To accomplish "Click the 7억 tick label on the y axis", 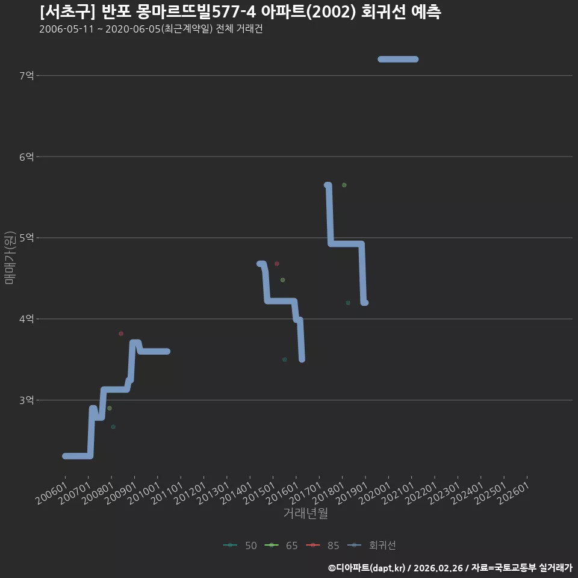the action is (26, 76).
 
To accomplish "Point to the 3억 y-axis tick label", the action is (26, 400).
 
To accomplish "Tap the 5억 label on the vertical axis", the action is (26, 238).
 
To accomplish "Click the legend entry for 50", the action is (240, 545).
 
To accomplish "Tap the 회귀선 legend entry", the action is (371, 545).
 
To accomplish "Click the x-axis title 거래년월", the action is (306, 513).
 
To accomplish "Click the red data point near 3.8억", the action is (121, 334).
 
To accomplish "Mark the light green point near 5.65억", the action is (344, 185).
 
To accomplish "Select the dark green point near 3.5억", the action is (285, 359).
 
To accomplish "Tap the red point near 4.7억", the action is (277, 264).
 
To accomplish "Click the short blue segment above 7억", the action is (398, 60).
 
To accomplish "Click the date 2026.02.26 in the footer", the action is (438, 568).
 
